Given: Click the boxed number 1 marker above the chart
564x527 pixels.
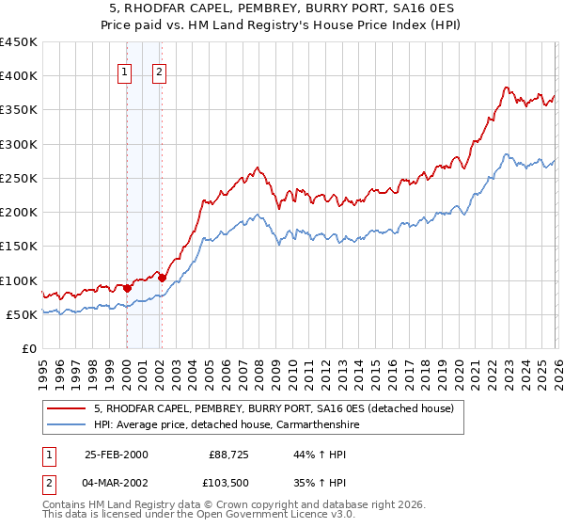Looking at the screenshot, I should point(125,73).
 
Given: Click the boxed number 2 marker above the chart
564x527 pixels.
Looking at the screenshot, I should point(160,73).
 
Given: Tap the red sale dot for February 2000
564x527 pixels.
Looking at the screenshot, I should point(127,288).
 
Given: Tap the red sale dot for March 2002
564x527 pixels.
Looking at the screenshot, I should point(162,278).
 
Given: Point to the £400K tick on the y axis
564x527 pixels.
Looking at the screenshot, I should point(18,76).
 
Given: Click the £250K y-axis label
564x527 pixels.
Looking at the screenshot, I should point(18,178).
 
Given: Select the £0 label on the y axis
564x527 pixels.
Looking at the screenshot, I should point(27,348).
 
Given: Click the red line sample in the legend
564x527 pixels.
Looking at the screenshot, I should point(69,408).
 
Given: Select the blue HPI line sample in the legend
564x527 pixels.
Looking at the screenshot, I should point(69,424).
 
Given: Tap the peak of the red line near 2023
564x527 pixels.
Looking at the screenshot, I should point(506,88).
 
